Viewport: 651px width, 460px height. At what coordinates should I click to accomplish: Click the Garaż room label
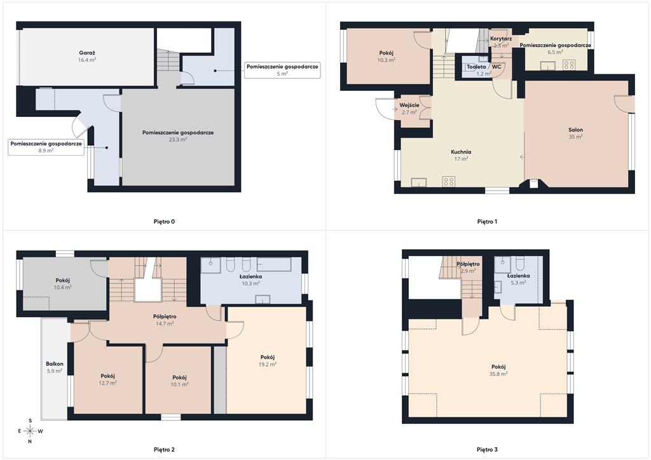(87, 53)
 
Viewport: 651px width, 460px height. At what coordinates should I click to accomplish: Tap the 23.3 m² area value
(178, 140)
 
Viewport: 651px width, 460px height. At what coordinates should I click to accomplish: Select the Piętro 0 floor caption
(164, 222)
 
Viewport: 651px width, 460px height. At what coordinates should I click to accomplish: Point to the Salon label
(575, 130)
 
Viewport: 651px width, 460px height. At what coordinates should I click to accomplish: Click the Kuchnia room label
(461, 152)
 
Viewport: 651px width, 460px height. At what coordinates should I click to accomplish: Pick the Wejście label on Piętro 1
(409, 105)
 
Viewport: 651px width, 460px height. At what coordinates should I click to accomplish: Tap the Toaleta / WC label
(484, 67)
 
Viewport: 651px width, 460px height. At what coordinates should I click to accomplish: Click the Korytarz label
(501, 39)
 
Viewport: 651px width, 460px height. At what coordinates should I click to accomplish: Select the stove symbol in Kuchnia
(448, 181)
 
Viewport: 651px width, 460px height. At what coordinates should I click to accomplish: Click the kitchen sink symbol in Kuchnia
(419, 182)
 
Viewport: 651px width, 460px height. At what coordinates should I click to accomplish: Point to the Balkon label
(55, 364)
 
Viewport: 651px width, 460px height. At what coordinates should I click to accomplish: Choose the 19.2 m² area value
(268, 364)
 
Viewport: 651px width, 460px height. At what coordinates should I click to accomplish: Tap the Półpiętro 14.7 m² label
(165, 320)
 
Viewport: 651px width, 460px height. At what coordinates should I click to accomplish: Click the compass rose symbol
(30, 431)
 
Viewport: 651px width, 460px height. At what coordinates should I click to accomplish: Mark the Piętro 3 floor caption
(487, 450)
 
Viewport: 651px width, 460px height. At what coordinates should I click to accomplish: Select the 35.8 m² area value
(498, 374)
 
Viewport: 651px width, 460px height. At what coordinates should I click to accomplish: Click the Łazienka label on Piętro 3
(519, 275)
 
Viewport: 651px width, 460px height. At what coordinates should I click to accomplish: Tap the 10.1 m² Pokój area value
(179, 384)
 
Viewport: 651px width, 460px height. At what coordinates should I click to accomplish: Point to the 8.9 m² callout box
(46, 147)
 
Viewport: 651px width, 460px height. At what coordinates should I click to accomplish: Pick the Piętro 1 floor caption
(487, 222)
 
